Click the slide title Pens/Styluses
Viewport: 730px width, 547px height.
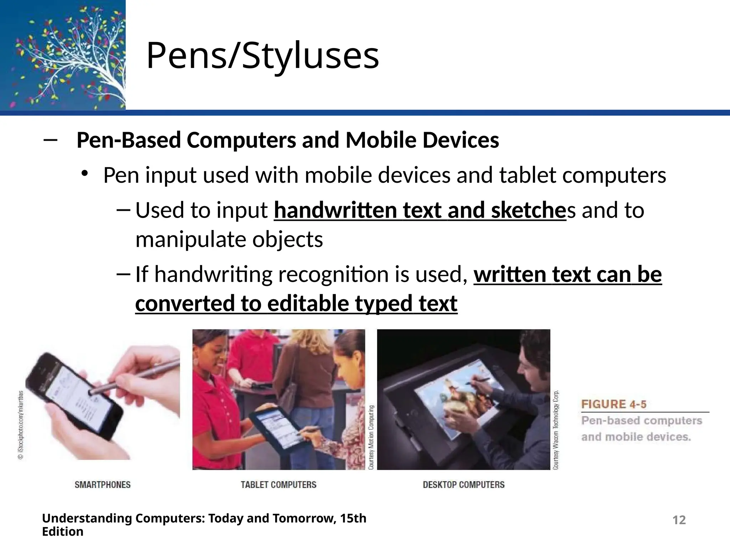[263, 56]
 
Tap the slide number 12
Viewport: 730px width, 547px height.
[679, 520]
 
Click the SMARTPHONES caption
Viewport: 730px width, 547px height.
[103, 485]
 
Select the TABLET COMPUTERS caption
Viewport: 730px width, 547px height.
[278, 485]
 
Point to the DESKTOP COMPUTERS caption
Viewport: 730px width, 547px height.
[463, 485]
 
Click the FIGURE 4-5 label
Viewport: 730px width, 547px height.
[613, 404]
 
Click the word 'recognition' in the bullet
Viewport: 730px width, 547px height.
[334, 275]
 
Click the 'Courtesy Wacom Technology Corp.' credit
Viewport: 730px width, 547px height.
[556, 430]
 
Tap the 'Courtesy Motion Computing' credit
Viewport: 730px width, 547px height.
[371, 437]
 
